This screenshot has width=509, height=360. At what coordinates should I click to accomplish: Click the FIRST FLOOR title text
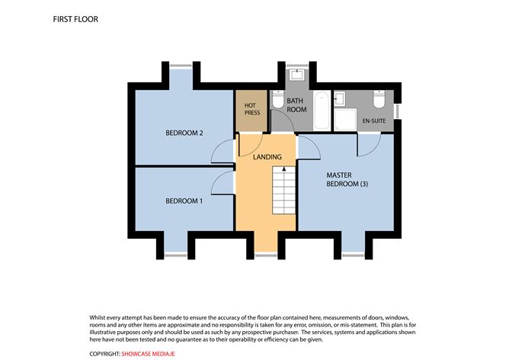pos(76,18)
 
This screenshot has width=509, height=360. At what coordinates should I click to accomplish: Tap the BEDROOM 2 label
pos(184,133)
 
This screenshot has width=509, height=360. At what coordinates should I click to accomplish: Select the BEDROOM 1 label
pos(184,201)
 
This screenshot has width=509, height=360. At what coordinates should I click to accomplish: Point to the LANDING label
pos(267,157)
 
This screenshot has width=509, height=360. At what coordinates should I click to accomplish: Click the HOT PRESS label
pos(251,109)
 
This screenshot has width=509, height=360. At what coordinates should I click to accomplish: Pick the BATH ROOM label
pos(296,104)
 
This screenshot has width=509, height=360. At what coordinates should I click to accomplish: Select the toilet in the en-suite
pos(379,100)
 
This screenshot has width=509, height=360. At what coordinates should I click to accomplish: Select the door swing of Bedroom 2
pos(222,153)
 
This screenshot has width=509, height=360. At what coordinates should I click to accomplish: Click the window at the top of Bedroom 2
pos(181,66)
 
